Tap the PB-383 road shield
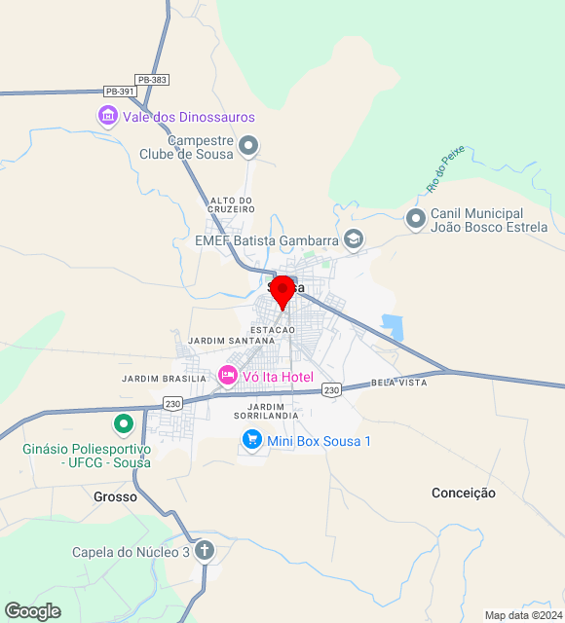click(152, 79)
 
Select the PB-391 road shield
click(121, 92)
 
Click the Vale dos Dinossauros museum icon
click(107, 117)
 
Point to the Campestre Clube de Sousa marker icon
click(248, 147)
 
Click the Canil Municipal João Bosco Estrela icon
click(416, 220)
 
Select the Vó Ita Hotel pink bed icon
click(228, 375)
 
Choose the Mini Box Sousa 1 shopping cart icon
click(252, 441)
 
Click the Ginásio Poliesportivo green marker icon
click(124, 424)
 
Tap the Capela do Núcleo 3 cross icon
click(204, 552)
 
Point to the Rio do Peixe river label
click(446, 168)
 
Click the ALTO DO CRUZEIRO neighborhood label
click(232, 206)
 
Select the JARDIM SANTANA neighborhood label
click(232, 341)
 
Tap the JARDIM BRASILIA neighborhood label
click(164, 378)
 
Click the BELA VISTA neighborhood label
click(399, 383)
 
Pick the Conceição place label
click(464, 493)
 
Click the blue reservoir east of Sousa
click(393, 324)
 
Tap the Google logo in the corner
click(32, 611)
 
